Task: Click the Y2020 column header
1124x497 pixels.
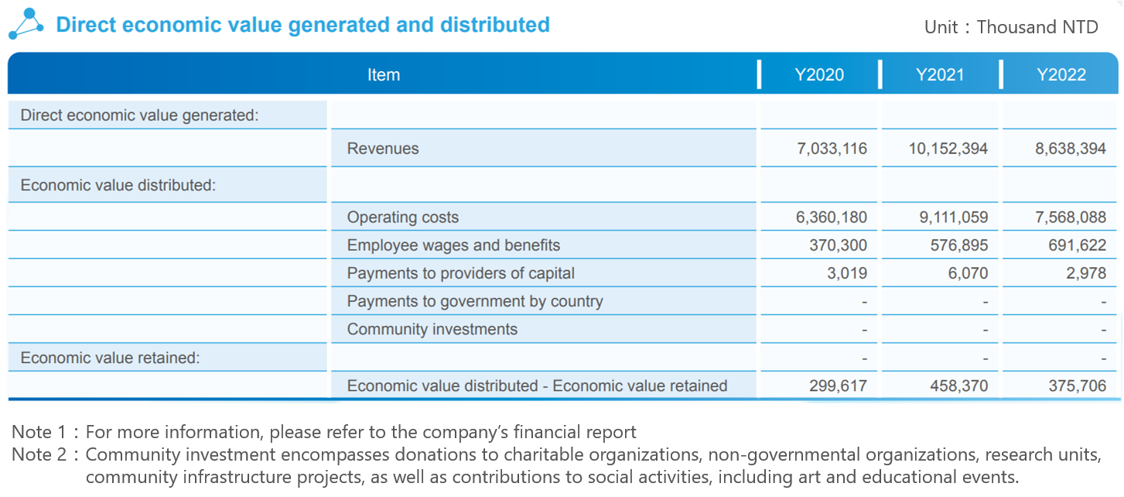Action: point(819,75)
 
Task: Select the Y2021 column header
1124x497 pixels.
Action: point(940,75)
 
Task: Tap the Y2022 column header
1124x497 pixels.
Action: point(1061,75)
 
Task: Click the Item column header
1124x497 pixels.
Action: point(384,75)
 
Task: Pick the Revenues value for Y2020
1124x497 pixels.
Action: point(832,149)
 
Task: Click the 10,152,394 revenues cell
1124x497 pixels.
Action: point(948,149)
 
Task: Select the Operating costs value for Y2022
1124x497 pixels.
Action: point(1071,218)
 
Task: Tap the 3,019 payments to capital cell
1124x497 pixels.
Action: point(847,273)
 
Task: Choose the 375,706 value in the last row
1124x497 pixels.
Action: point(1077,386)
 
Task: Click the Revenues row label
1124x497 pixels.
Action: point(383,149)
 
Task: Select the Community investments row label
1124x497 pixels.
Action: point(432,329)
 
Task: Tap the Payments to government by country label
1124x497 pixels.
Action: point(474,301)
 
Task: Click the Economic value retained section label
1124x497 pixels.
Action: point(110,358)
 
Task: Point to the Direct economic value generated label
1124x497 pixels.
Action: point(139,115)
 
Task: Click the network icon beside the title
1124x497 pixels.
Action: point(26,24)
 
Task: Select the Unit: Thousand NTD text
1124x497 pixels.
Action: point(1010,27)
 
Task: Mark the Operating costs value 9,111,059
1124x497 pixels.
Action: point(953,218)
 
